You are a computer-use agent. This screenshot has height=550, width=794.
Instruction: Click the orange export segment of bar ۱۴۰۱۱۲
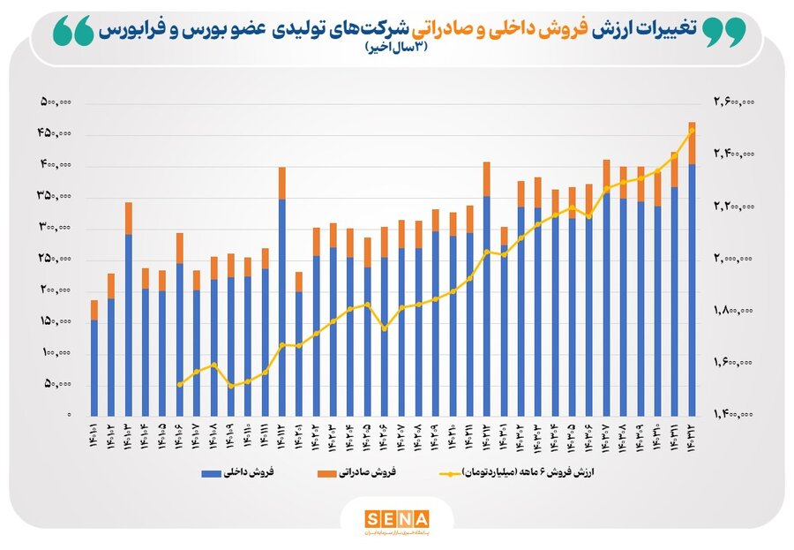(281, 183)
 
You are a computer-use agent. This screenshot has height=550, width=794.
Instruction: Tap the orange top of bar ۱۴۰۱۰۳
(128, 218)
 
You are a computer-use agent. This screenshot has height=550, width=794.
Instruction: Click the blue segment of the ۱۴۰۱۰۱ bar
(94, 367)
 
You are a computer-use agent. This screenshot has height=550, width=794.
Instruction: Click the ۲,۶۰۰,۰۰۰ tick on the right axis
(734, 103)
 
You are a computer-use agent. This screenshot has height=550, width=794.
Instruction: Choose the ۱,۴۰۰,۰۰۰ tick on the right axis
(734, 413)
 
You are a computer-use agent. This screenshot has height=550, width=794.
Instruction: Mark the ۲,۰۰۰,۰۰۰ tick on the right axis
(734, 259)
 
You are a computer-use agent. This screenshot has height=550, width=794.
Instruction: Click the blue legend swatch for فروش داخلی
(227, 473)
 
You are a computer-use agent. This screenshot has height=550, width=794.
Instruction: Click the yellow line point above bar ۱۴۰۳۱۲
(693, 131)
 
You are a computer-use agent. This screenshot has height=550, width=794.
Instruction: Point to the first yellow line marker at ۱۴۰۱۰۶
(179, 384)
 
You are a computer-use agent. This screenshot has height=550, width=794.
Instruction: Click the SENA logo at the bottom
(397, 518)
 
